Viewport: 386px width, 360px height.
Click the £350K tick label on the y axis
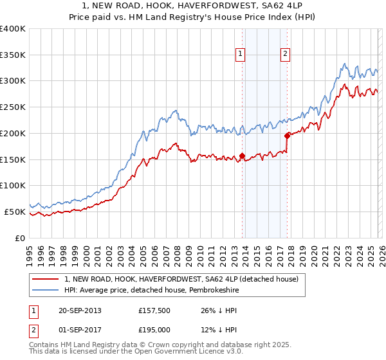click(x=13, y=55)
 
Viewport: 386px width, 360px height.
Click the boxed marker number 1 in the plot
click(x=240, y=55)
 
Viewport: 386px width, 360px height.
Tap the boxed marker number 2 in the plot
click(x=284, y=55)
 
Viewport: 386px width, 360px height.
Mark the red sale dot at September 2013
click(x=242, y=156)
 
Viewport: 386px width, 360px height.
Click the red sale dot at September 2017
click(x=287, y=135)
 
